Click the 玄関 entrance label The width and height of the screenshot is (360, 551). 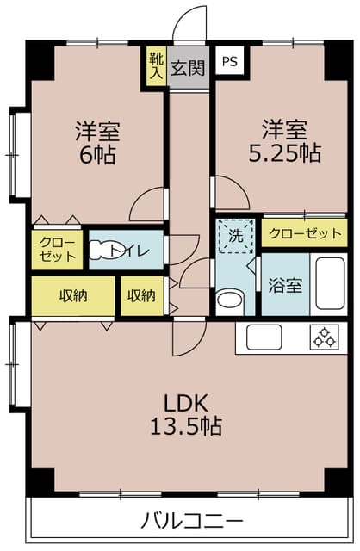(186, 67)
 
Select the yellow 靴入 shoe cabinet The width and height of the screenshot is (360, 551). (155, 65)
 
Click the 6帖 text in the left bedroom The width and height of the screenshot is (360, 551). (96, 156)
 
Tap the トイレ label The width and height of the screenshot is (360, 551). (138, 251)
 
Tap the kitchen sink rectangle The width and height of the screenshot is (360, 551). (270, 337)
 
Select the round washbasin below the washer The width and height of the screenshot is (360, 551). (228, 300)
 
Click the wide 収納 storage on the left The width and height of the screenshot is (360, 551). (73, 296)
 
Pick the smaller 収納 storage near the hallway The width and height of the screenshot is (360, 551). (141, 296)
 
